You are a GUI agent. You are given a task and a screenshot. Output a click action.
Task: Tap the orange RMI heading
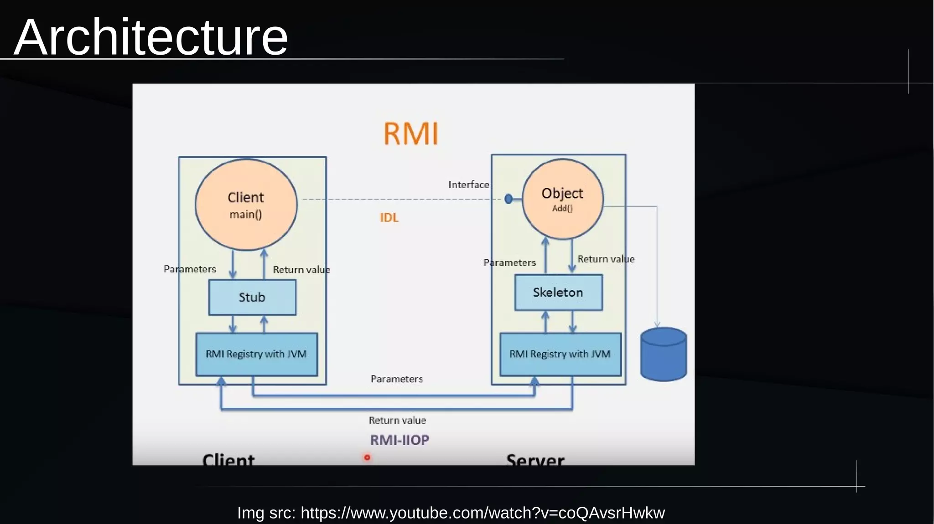[x=411, y=134]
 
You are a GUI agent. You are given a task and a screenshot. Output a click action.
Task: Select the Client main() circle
[x=246, y=205]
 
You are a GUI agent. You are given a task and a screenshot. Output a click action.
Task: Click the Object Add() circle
[x=562, y=199]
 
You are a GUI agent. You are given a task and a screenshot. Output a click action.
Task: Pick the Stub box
[x=252, y=297]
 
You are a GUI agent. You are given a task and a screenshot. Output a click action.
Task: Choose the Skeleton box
[x=558, y=293]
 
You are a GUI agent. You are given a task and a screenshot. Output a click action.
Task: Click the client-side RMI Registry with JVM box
[x=256, y=354]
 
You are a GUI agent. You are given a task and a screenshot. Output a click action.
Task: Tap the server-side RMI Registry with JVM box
[x=560, y=354]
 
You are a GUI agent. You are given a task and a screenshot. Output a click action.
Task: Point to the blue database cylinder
[x=663, y=354]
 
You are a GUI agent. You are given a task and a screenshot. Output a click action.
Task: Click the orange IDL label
[x=389, y=218]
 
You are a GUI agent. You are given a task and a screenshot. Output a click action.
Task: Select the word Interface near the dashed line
[x=468, y=185]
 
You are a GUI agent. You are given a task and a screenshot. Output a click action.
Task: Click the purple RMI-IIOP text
[x=400, y=440]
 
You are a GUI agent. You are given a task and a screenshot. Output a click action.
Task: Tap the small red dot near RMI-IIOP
[x=367, y=457]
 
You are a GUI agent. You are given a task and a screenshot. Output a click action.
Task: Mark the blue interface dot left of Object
[x=509, y=199]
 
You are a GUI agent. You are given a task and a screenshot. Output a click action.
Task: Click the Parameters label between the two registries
[x=397, y=379]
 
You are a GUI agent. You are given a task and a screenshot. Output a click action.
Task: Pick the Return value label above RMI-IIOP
[x=397, y=420]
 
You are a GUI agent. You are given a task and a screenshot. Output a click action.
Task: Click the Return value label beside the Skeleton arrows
[x=606, y=259]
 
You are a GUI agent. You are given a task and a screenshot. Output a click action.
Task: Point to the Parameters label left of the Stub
[x=190, y=269]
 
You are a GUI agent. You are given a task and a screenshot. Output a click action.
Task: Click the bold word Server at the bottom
[x=535, y=459]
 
